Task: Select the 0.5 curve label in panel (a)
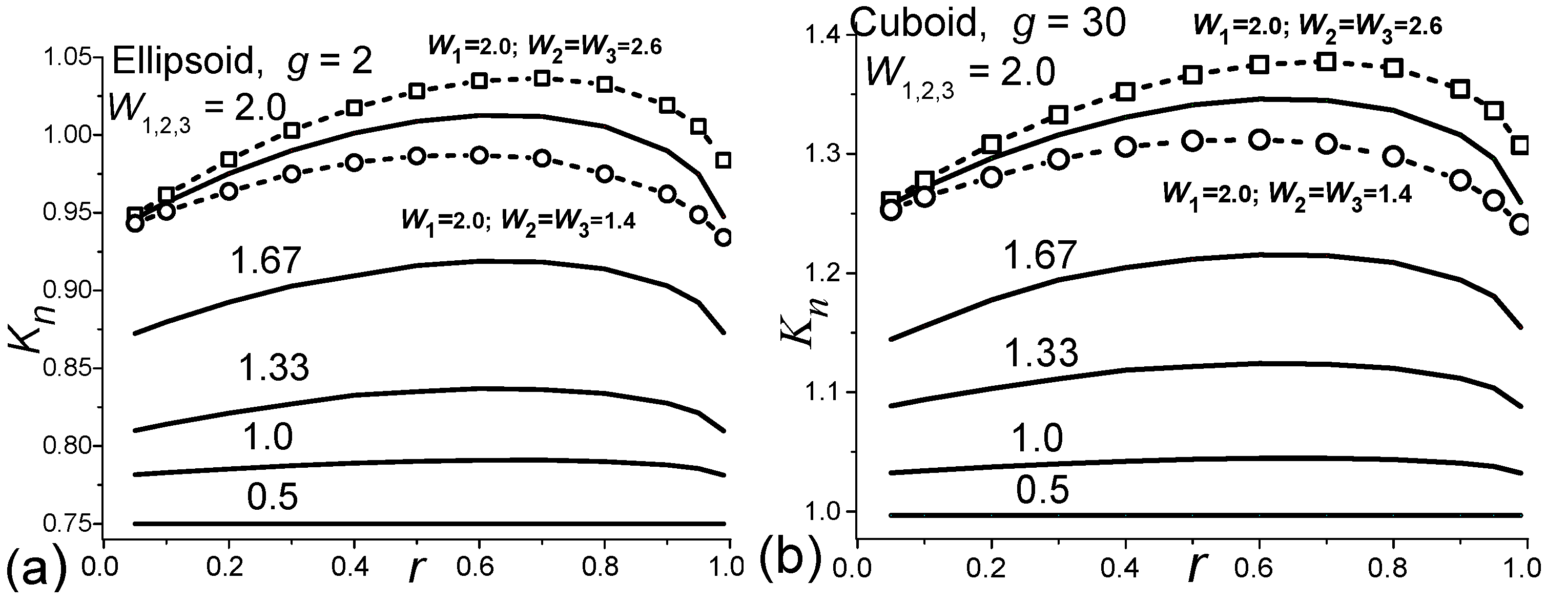click(272, 496)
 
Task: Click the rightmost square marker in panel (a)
click(723, 160)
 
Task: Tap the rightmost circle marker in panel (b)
click(1520, 225)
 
